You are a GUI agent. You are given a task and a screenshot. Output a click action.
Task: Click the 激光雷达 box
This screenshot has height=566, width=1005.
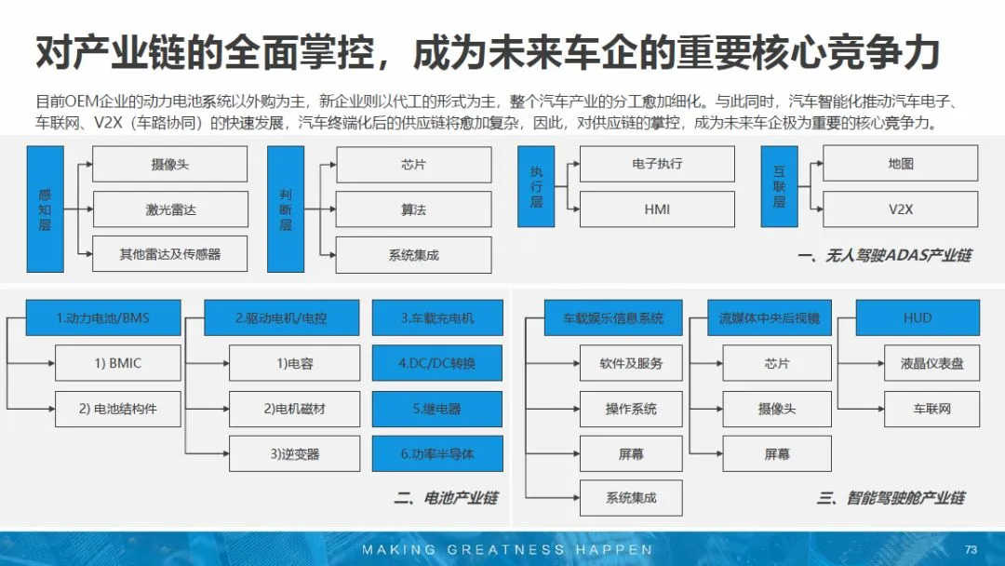coord(170,209)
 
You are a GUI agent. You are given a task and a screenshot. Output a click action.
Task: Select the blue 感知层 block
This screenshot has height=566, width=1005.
coord(46,209)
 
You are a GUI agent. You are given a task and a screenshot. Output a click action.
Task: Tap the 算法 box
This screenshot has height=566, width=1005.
coord(413,209)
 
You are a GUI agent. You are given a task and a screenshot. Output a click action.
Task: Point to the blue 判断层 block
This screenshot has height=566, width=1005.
coord(286,209)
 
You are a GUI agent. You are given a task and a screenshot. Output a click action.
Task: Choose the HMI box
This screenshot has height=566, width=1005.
coord(657,209)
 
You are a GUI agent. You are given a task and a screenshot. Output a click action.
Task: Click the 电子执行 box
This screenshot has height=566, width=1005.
coord(657,164)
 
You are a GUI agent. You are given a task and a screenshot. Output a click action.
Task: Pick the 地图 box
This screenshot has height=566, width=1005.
coord(900,164)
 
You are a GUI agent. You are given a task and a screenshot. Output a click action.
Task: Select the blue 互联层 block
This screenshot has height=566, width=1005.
coord(779,186)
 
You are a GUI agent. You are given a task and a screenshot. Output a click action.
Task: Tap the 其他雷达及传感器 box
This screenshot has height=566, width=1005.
coord(170,254)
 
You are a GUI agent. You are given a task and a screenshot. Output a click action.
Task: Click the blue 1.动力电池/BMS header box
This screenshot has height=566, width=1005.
coord(102,318)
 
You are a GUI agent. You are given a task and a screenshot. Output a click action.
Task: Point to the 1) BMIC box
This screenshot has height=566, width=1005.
coord(118,363)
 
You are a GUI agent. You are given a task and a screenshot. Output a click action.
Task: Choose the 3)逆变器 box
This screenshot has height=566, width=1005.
coord(294,454)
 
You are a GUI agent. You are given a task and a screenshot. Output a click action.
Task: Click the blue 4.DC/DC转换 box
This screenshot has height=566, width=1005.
coord(437,363)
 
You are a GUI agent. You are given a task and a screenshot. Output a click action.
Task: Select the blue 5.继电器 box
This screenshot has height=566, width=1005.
coord(437,409)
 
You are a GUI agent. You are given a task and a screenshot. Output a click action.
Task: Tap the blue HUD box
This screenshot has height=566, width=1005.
coord(918,318)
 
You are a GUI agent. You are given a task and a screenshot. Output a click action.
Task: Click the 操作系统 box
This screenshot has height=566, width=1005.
coord(631,409)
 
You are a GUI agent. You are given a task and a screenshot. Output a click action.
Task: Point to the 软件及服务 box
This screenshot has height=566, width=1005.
coord(631,363)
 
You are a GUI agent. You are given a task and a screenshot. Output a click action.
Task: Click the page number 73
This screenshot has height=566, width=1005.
coord(971,549)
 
